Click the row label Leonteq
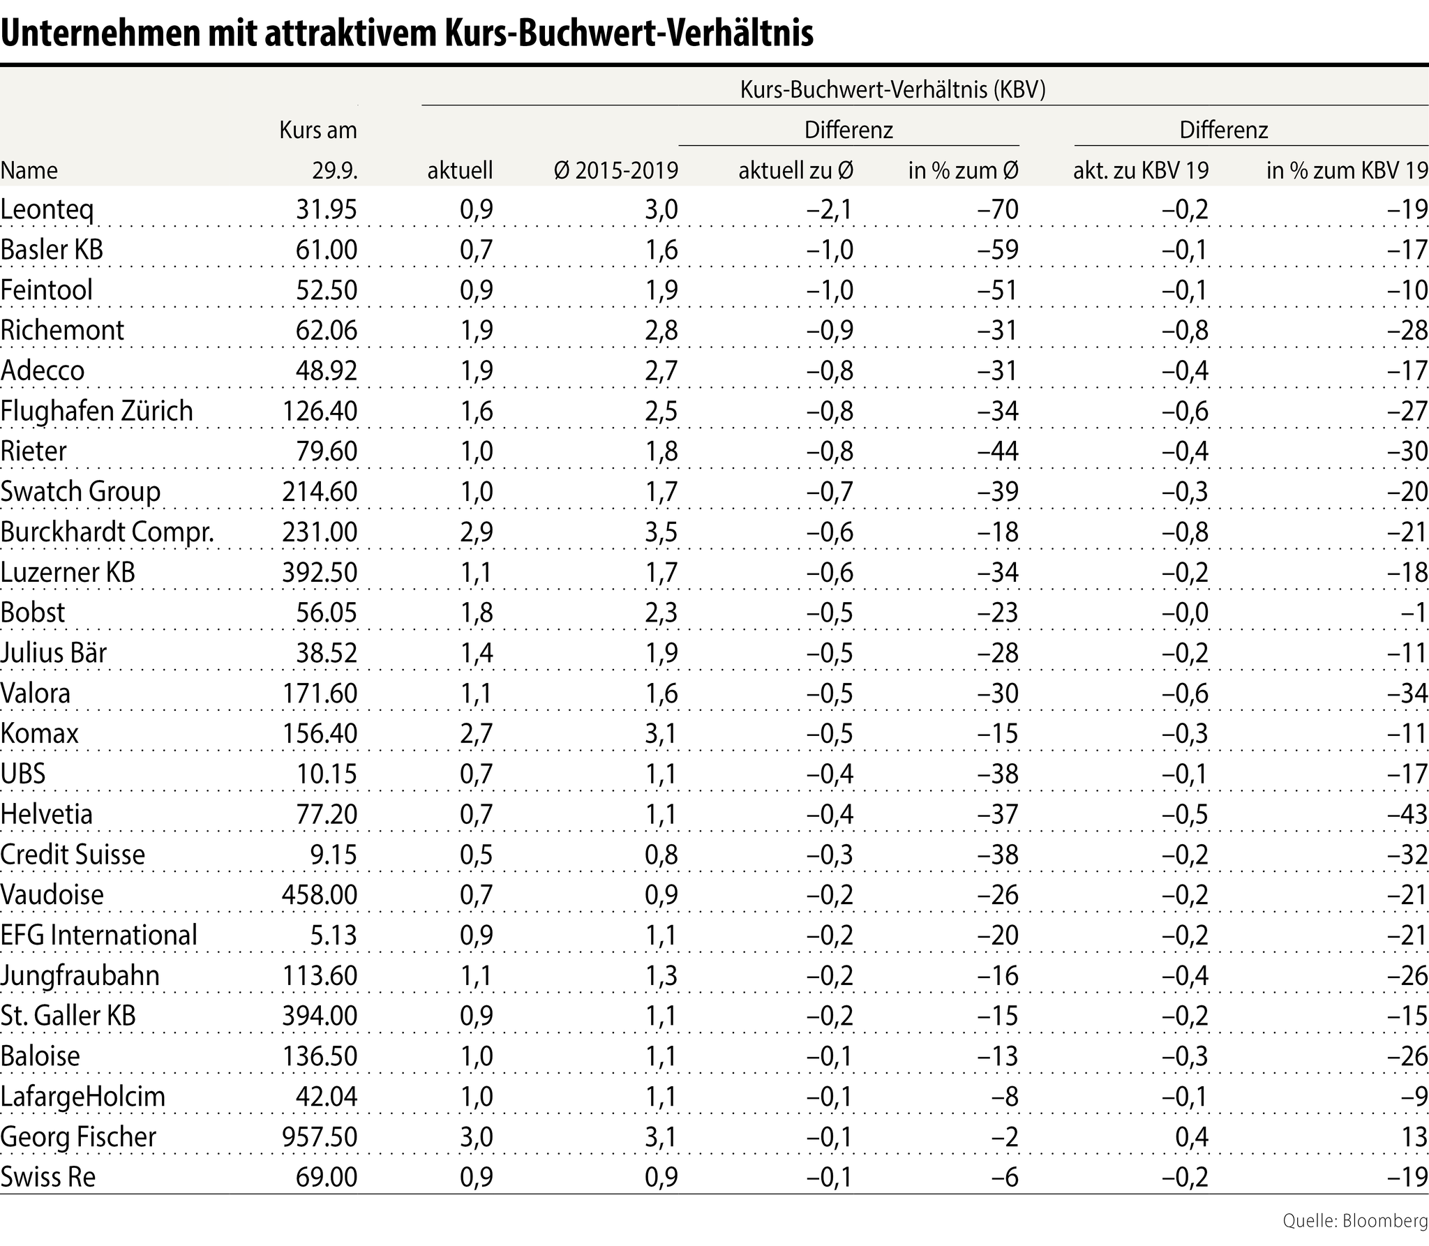[x=47, y=210]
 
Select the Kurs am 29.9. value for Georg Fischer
[x=320, y=1137]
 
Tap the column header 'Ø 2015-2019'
[x=616, y=170]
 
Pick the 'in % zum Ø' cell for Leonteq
[x=1000, y=210]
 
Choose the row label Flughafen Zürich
[x=96, y=411]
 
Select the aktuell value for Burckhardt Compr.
[x=477, y=532]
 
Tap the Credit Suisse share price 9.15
[x=334, y=855]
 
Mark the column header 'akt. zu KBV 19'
[x=1141, y=170]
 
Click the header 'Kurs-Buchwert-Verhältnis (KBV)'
[x=892, y=90]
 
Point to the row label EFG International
[x=99, y=936]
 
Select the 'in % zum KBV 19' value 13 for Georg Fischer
[x=1414, y=1137]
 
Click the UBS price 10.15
[x=327, y=774]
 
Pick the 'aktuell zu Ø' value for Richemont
[x=830, y=331]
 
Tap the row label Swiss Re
[x=48, y=1178]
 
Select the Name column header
[x=29, y=170]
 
